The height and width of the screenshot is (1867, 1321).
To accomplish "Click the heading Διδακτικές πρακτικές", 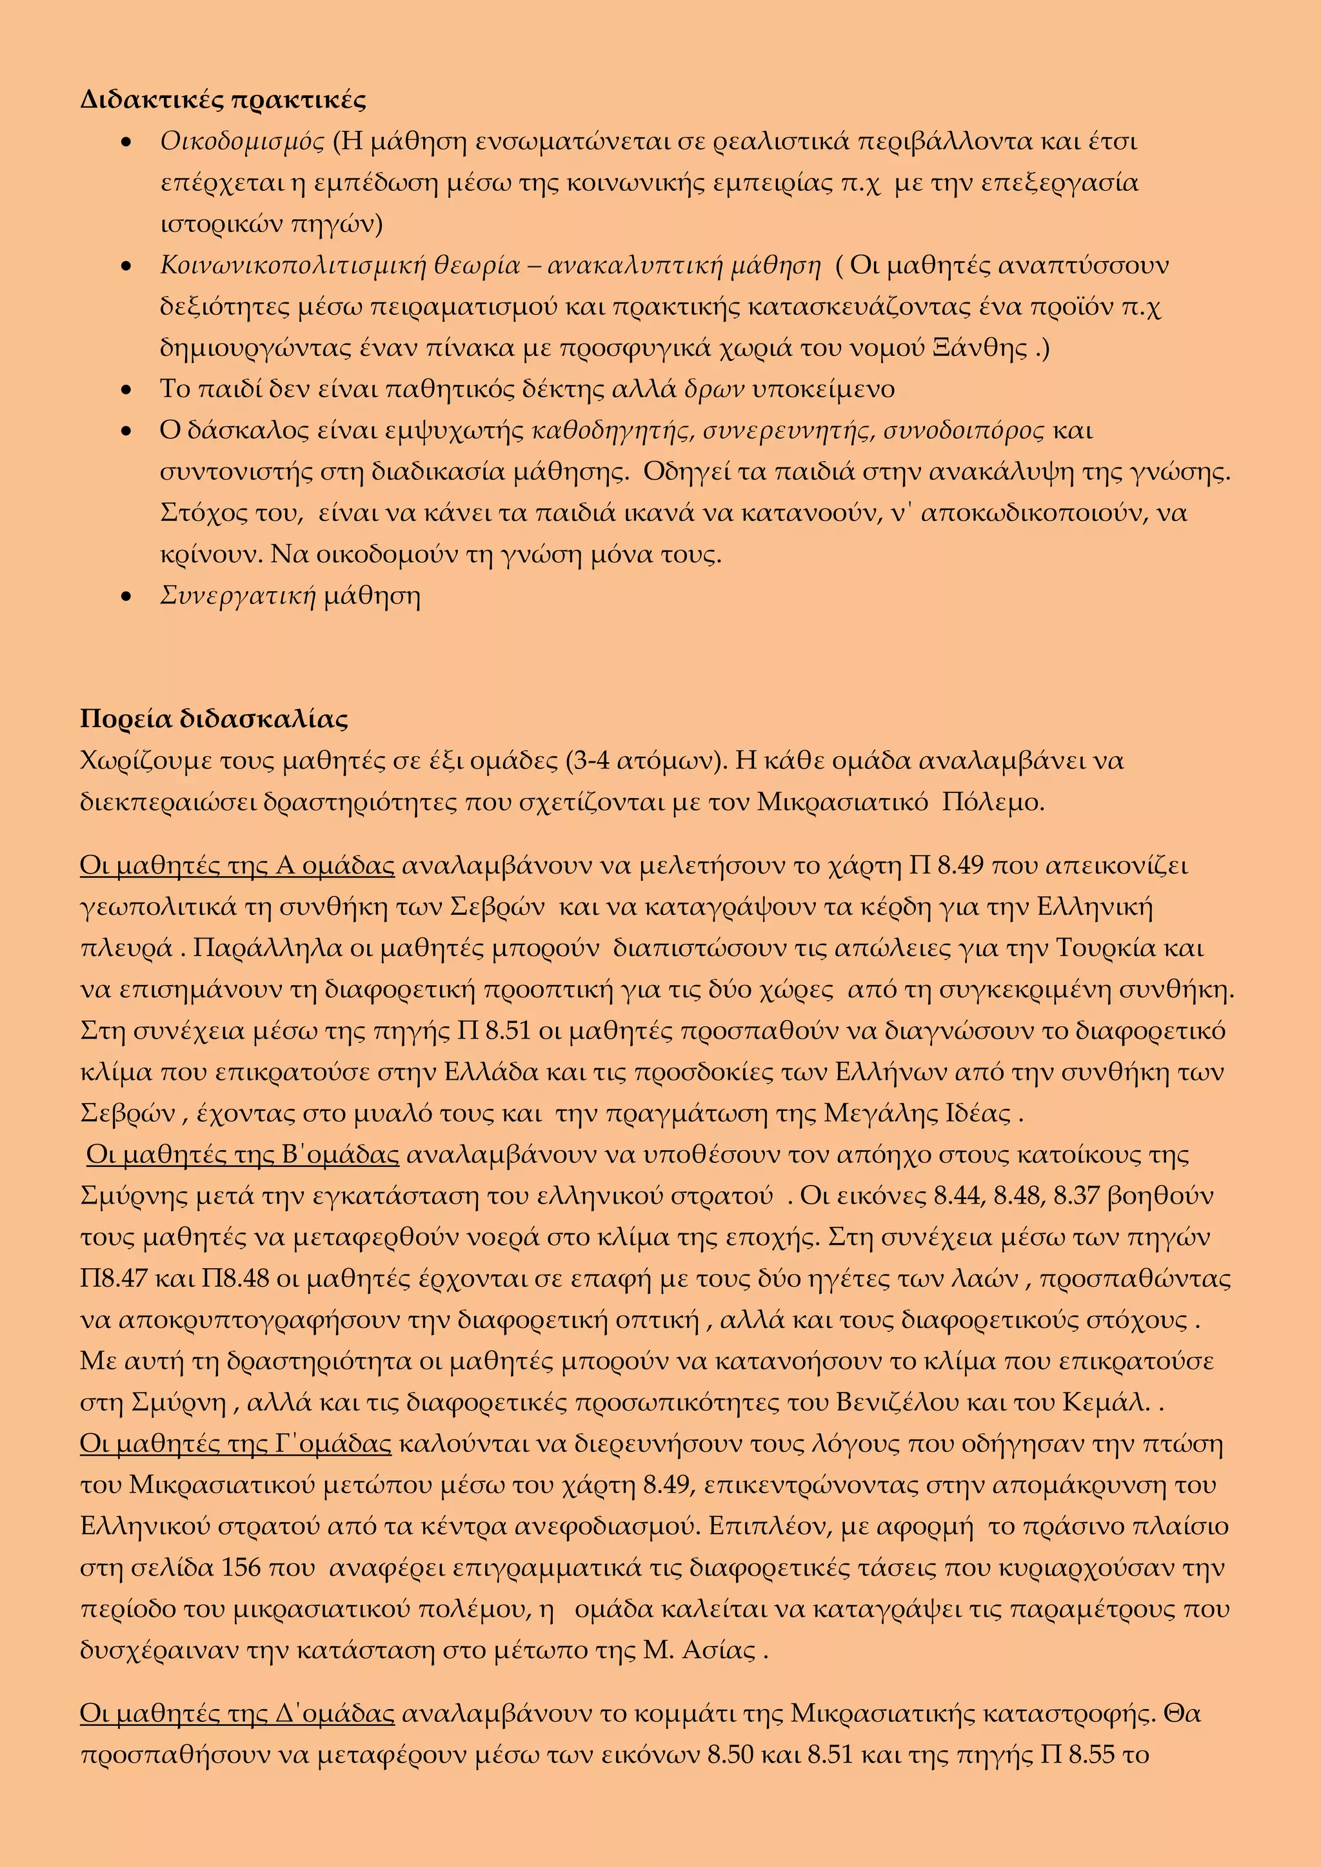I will [223, 100].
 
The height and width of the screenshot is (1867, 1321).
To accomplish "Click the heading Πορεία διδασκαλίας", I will [214, 719].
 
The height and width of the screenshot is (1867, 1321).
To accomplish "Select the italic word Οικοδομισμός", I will [243, 141].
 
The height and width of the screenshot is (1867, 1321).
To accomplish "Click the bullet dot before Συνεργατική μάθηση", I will [125, 598].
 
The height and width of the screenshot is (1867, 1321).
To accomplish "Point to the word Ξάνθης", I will [988, 348].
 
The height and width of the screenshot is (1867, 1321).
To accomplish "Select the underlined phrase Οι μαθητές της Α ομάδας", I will [237, 866].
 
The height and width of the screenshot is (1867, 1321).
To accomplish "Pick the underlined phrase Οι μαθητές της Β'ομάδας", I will [243, 1155].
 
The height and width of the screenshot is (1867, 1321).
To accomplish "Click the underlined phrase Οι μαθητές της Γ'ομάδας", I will [235, 1444].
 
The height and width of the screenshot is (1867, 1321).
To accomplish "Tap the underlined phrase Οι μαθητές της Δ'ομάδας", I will [237, 1714].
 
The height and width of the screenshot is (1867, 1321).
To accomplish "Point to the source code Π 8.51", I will [493, 1031].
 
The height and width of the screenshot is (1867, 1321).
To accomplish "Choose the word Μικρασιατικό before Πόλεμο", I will [842, 803].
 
